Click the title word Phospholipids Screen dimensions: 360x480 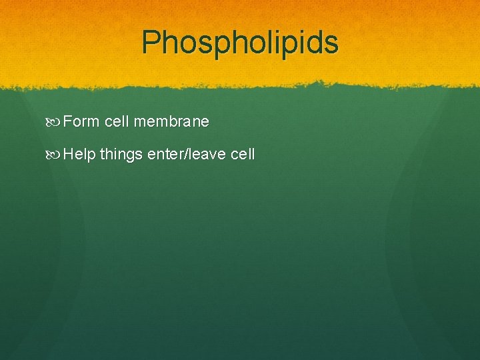240,43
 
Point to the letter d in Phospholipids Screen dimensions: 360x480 313,42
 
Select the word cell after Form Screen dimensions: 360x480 117,121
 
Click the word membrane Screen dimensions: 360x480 171,121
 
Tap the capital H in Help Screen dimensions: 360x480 70,154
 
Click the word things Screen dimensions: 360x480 121,155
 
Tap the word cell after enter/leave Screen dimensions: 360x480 243,155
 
